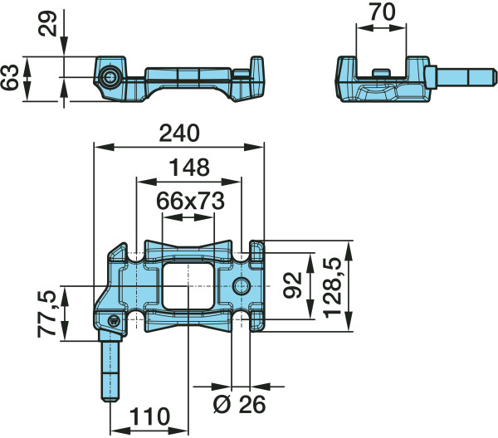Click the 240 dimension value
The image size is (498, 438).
(x=179, y=134)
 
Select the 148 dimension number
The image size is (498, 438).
(x=189, y=168)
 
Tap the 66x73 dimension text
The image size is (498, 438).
(x=191, y=201)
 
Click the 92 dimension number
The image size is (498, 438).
(x=292, y=285)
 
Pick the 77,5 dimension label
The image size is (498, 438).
(x=47, y=314)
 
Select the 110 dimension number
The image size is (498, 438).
(x=150, y=416)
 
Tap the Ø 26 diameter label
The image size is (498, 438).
(x=240, y=404)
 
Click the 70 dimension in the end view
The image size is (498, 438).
(x=383, y=12)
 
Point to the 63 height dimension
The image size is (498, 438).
(x=9, y=77)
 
